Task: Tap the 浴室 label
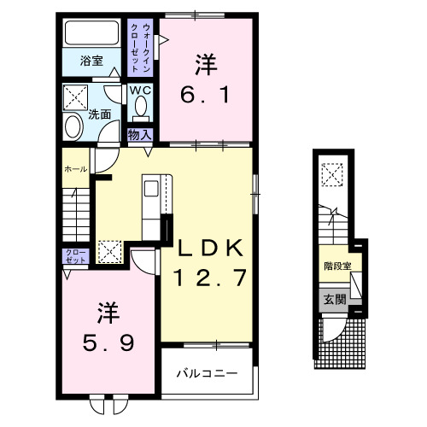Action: (x=92, y=61)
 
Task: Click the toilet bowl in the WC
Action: (x=141, y=108)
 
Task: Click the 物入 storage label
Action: (x=139, y=134)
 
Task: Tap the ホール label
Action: (x=74, y=170)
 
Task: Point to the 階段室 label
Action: (x=336, y=266)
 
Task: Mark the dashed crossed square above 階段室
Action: (x=331, y=174)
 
